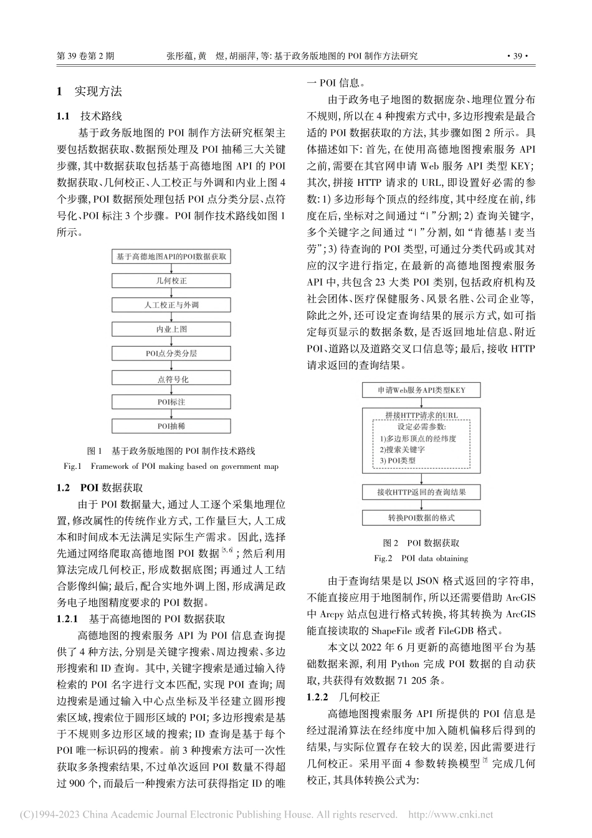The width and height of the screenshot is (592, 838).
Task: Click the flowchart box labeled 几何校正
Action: coord(171,281)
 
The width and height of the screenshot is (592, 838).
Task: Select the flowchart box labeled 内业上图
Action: coord(171,329)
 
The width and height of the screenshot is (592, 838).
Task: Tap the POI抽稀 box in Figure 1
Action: coord(171,426)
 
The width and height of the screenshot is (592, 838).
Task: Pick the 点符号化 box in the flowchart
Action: coord(171,378)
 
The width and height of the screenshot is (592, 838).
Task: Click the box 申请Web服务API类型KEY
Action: coord(421,391)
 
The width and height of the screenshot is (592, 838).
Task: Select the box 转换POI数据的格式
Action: coord(421,518)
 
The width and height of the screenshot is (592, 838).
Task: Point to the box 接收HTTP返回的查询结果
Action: coord(421,492)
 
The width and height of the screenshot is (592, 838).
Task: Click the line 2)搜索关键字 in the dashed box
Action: coord(402,450)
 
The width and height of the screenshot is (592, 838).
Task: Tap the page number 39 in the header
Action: coord(517,55)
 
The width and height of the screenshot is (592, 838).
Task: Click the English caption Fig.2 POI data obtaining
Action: coord(421,558)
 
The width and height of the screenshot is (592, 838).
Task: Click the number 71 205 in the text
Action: coord(417,680)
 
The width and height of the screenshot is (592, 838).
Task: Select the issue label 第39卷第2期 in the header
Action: coord(85,55)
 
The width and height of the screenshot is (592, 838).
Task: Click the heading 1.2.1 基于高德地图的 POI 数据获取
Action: coord(141,619)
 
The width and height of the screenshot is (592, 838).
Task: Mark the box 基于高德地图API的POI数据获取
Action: coord(171,256)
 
